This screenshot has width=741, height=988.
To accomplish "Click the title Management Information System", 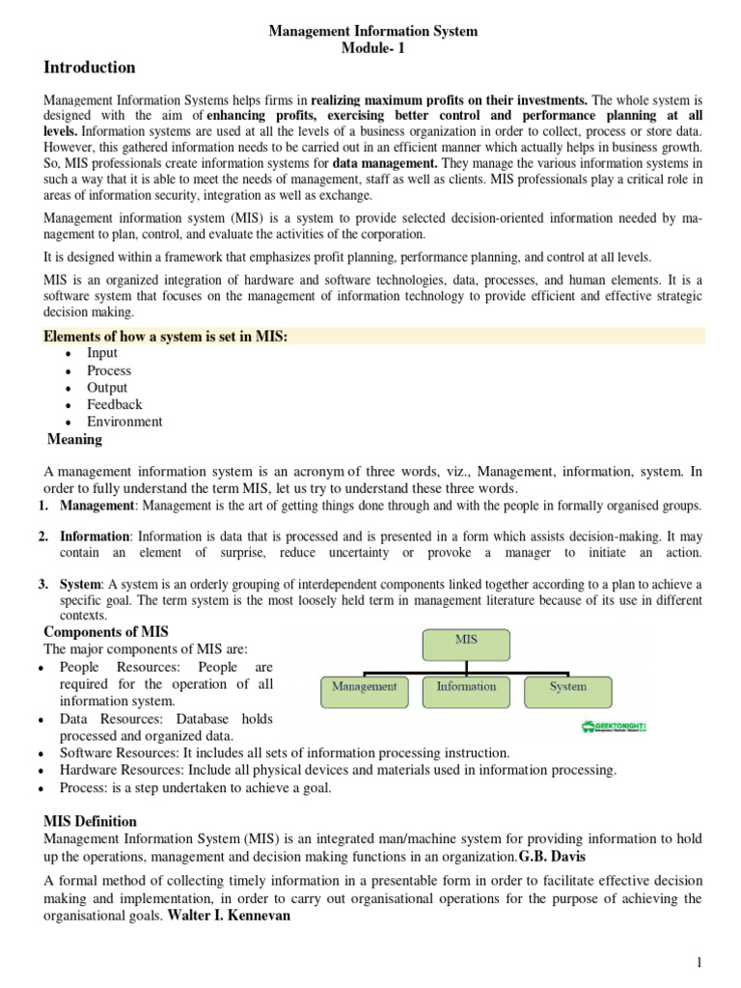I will (x=372, y=32).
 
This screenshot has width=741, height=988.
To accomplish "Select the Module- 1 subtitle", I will (x=371, y=49).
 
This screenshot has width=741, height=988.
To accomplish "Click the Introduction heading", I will (x=90, y=68).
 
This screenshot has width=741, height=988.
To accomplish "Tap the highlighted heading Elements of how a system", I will (x=167, y=336).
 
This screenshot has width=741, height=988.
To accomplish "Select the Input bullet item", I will (x=102, y=353).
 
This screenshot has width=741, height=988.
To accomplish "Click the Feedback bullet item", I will (x=114, y=404).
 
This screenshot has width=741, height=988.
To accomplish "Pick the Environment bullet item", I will (x=124, y=422).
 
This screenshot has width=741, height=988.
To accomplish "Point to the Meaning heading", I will (x=75, y=440).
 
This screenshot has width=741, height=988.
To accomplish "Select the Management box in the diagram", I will (x=365, y=687).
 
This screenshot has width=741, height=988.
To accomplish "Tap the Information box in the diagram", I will (x=467, y=687).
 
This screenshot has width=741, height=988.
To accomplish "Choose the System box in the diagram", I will (x=567, y=687).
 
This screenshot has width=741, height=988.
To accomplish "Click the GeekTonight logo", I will (x=614, y=727).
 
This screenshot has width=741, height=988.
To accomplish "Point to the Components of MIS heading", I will (x=107, y=632).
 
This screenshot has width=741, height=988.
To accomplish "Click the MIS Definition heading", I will (x=91, y=821).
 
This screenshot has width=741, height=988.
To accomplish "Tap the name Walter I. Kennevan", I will (x=235, y=916).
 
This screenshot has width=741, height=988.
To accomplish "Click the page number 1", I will (x=700, y=963).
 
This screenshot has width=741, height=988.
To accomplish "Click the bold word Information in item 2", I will (x=95, y=535).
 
